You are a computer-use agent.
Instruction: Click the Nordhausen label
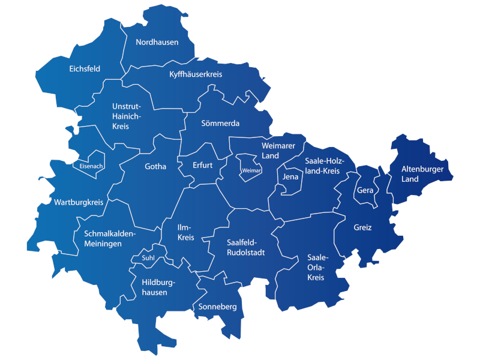[x=157, y=42]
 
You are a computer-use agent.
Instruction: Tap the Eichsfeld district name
[x=85, y=69]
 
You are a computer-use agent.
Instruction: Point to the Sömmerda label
[x=220, y=124]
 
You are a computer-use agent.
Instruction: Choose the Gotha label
[x=155, y=167]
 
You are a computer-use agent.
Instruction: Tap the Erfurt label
[x=203, y=165]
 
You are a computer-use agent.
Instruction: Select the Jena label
[x=290, y=178]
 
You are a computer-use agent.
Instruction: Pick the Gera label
[x=365, y=190]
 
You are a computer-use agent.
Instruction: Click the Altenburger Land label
[x=422, y=174]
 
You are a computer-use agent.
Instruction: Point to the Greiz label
[x=362, y=228]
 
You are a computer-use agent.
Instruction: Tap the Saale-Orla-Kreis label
[x=316, y=267]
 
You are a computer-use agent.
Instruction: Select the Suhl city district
[x=148, y=258]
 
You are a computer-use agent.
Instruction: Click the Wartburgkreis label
[x=78, y=202]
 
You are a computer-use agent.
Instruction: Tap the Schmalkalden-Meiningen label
[x=111, y=239]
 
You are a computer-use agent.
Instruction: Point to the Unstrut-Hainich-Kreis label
[x=126, y=116]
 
